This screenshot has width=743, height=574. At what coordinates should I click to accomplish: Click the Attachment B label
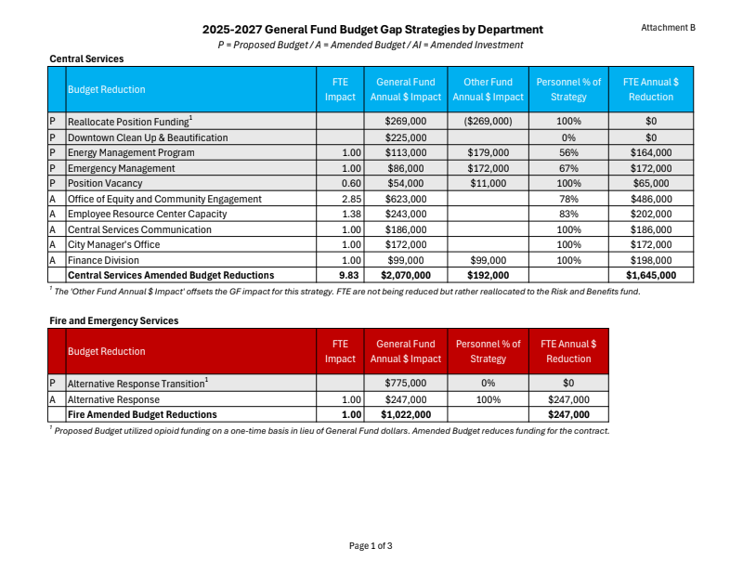668,28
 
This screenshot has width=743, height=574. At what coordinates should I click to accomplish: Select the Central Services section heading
86,59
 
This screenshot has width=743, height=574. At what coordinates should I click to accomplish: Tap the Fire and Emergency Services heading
113,320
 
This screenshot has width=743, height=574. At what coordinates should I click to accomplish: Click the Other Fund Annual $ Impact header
489,89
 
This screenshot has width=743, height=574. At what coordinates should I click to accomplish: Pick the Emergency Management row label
121,168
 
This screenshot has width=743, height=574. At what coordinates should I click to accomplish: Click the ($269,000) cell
489,122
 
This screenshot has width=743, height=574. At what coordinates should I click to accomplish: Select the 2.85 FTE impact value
351,199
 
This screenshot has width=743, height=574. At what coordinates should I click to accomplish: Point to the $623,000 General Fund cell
406,199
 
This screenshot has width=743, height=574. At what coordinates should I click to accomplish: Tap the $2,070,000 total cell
406,276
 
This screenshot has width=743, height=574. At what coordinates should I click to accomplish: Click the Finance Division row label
103,260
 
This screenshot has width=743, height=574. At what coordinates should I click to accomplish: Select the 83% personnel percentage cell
568,214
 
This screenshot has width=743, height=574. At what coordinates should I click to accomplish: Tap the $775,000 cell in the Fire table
406,383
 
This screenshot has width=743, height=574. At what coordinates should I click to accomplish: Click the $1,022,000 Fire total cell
406,414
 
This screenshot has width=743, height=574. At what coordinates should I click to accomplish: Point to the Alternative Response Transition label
137,383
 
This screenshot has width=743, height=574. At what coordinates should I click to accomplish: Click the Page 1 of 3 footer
371,546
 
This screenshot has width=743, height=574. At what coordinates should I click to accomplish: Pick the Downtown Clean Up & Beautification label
148,137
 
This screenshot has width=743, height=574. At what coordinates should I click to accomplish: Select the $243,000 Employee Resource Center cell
406,214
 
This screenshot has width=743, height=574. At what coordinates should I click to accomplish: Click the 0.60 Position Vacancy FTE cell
351,183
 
